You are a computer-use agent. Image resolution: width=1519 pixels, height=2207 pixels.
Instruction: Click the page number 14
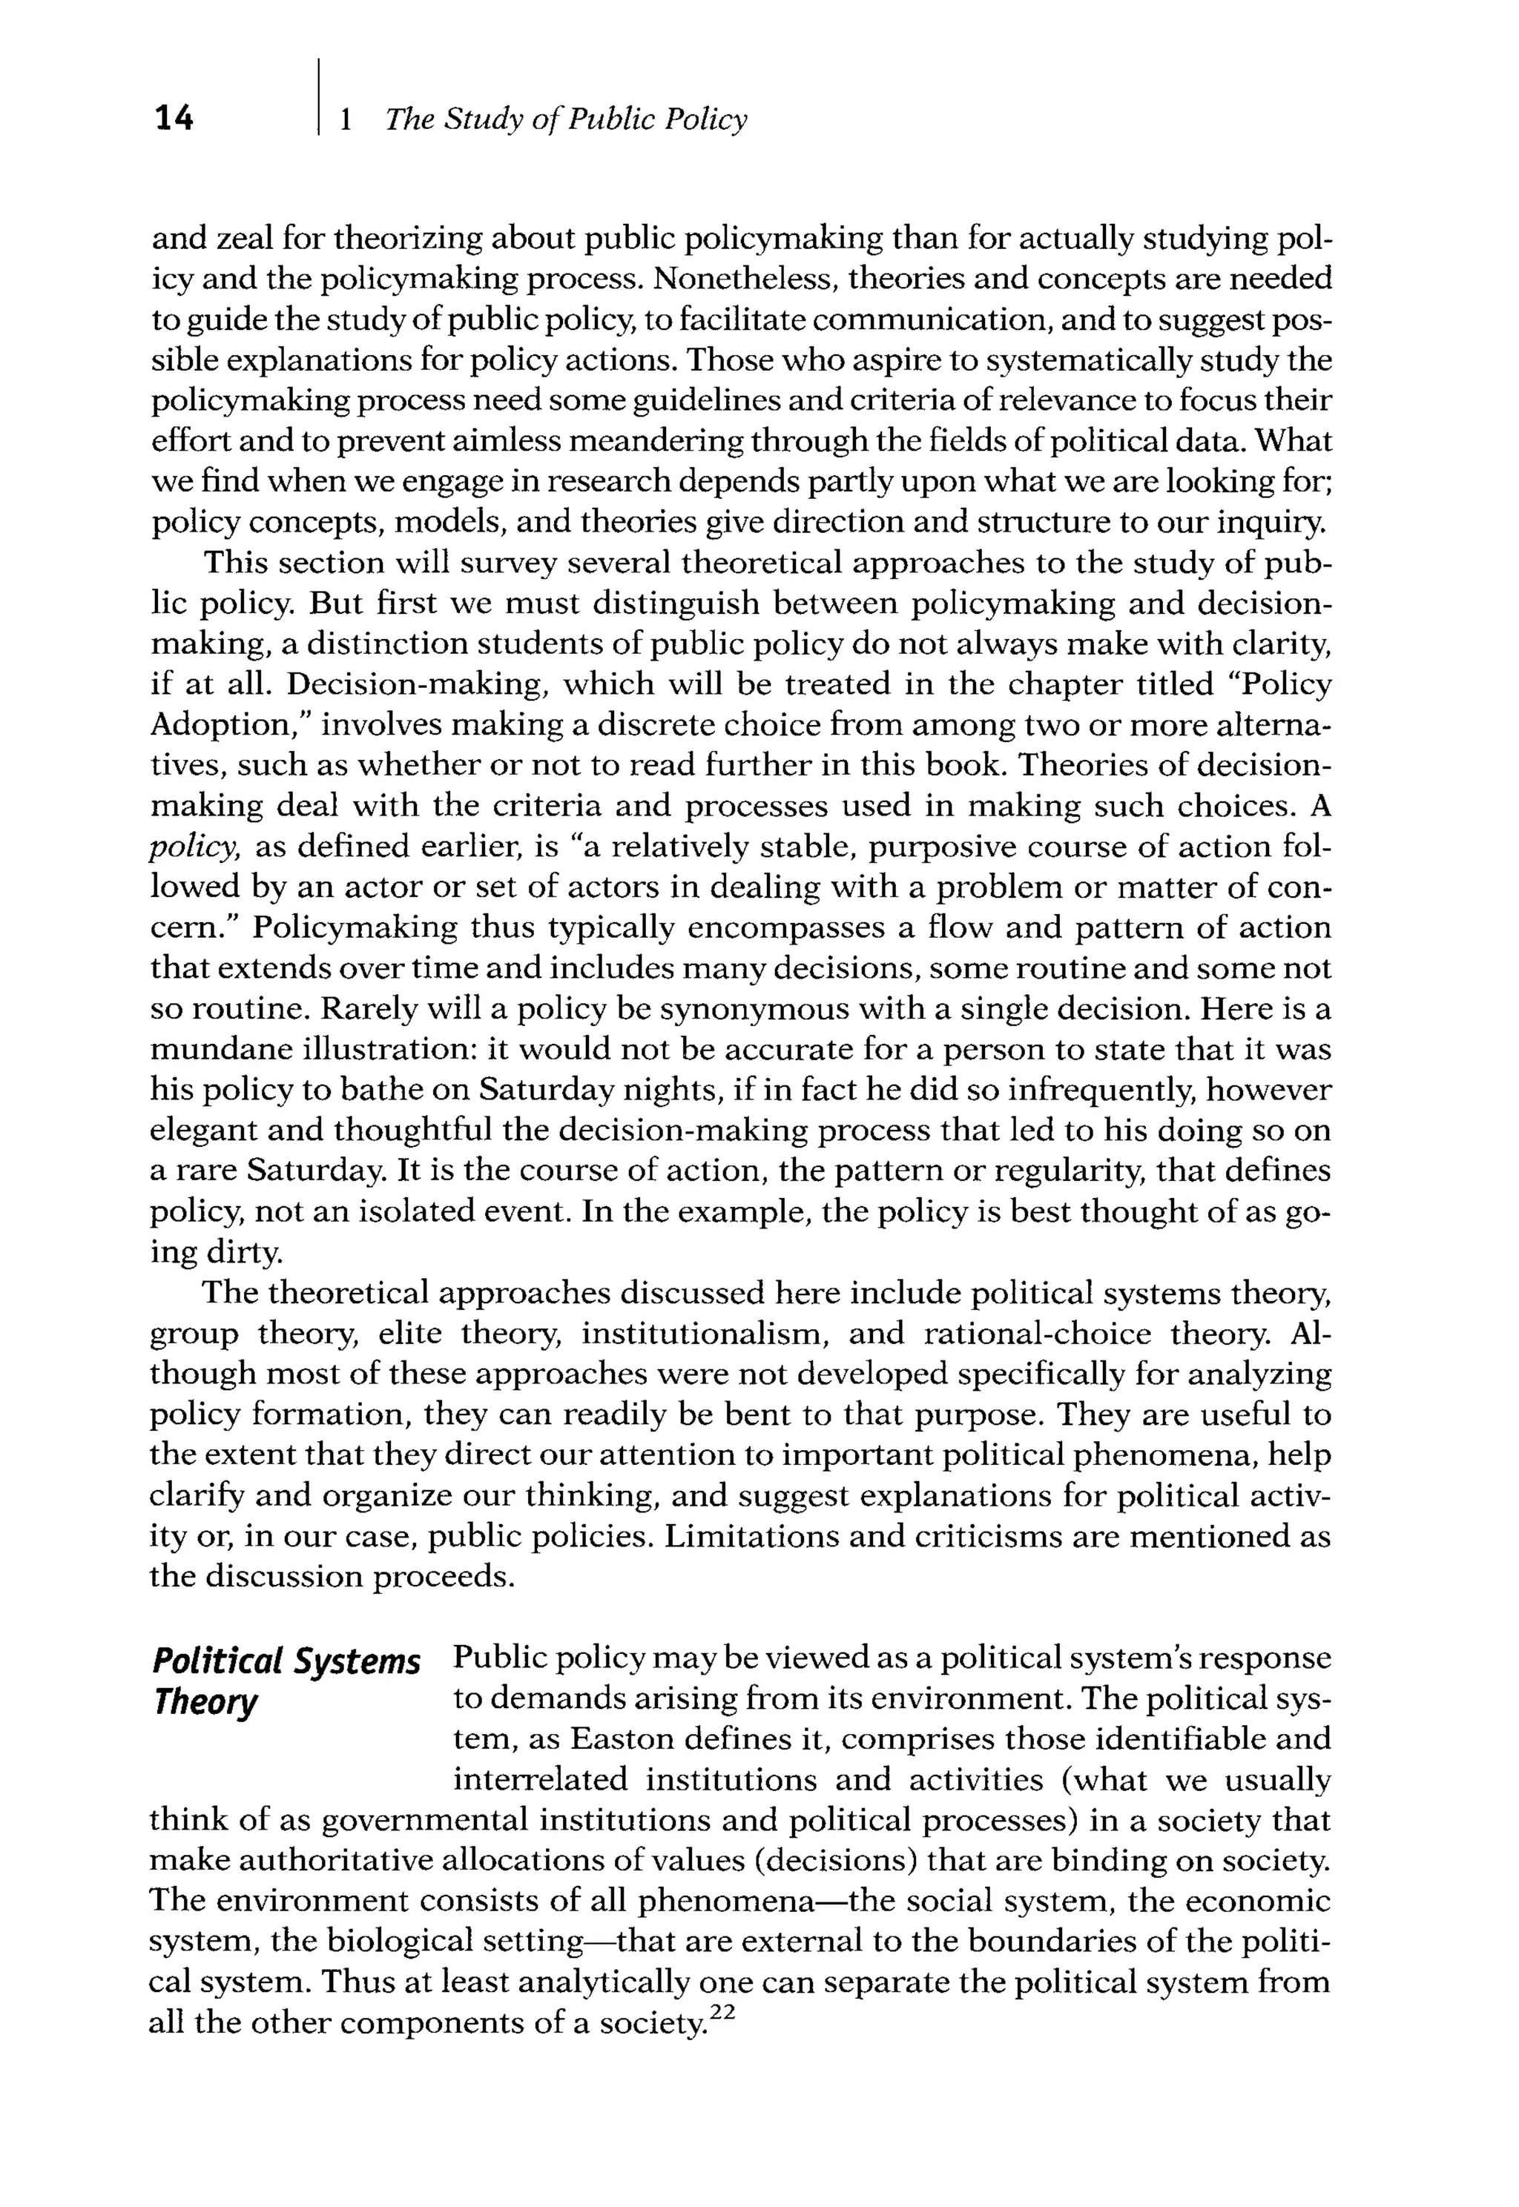pos(174,118)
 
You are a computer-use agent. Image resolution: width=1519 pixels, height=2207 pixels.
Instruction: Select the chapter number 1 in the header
pos(346,119)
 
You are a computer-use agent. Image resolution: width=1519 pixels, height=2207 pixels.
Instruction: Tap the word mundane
pos(218,1050)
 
